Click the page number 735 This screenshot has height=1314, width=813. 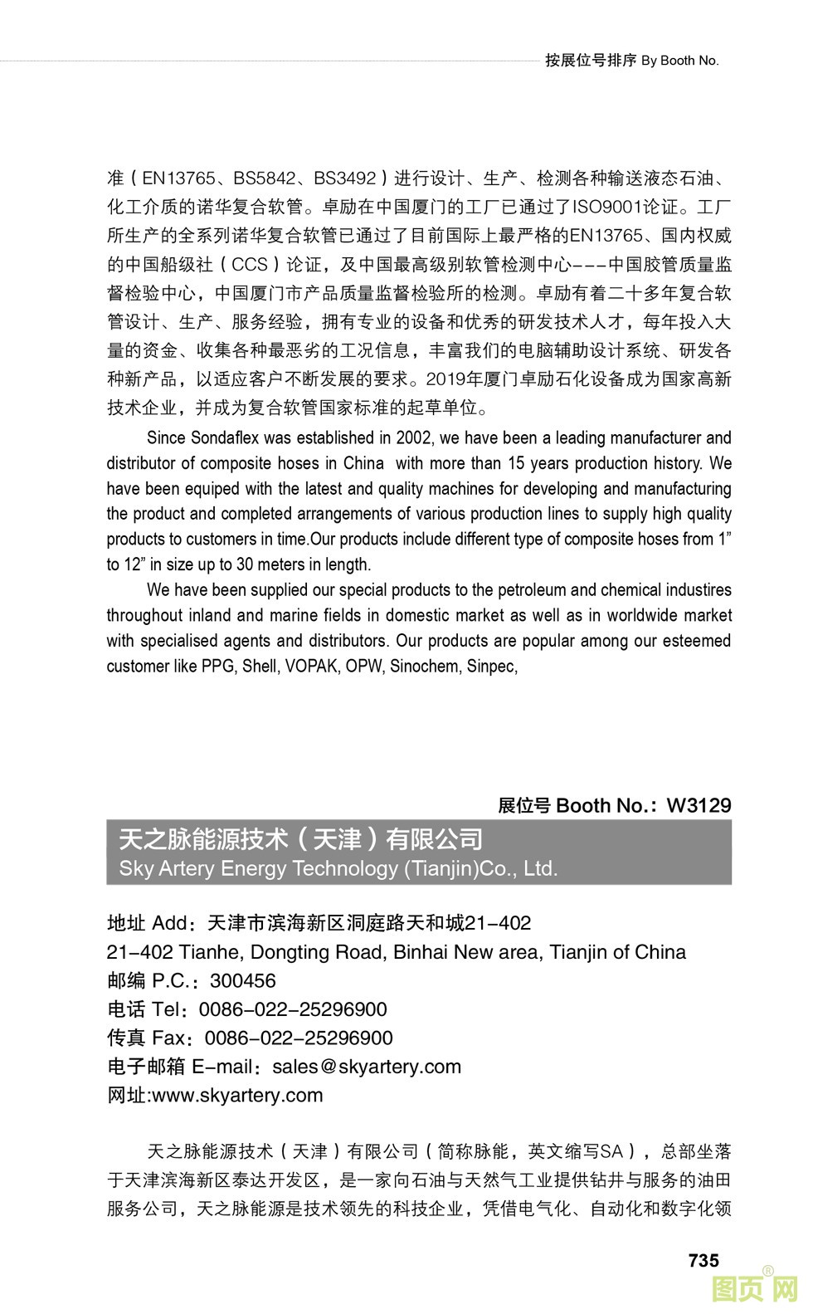click(703, 1260)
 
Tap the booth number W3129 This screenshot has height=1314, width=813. click(699, 805)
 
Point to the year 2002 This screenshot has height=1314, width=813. click(414, 437)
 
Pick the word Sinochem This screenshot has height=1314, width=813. click(423, 666)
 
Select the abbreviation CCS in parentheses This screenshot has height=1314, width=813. click(250, 265)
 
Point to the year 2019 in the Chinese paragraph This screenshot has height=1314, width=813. click(445, 379)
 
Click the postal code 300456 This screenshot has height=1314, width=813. click(243, 980)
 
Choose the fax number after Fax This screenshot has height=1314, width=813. click(299, 1038)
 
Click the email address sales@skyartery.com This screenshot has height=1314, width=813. click(366, 1067)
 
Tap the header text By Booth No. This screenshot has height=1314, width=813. click(680, 61)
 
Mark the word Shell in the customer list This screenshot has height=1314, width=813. click(260, 666)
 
